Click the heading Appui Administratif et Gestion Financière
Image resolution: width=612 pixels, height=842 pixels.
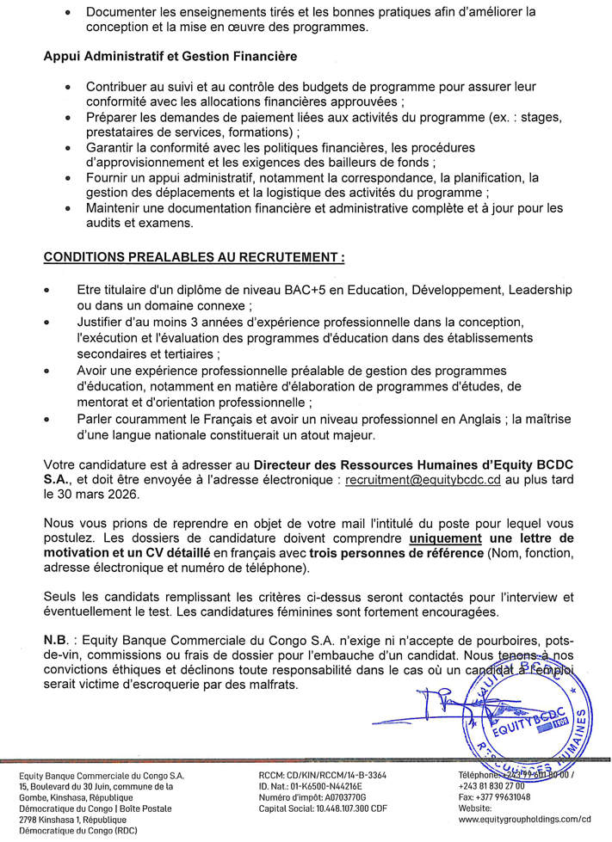[x=170, y=56]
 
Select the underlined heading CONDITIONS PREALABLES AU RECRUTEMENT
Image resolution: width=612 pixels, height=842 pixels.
[x=193, y=256]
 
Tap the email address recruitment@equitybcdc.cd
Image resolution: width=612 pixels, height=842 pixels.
[x=422, y=481]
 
